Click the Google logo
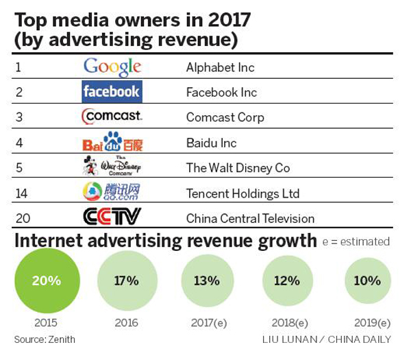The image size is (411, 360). click(x=112, y=67)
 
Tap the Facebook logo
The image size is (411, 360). click(x=111, y=92)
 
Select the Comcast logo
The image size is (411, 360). click(x=111, y=117)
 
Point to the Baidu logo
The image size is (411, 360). click(x=112, y=143)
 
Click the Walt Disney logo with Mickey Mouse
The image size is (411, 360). click(x=110, y=168)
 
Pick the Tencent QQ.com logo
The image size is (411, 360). click(x=112, y=193)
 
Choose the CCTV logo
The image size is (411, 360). click(x=112, y=218)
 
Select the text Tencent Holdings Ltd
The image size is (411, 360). click(x=242, y=193)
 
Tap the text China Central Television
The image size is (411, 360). click(x=250, y=219)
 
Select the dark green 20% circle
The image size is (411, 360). click(x=46, y=280)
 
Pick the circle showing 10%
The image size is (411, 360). click(x=367, y=280)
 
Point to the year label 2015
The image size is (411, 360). click(x=46, y=322)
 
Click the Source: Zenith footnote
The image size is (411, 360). click(x=45, y=339)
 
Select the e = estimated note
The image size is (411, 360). click(x=356, y=241)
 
